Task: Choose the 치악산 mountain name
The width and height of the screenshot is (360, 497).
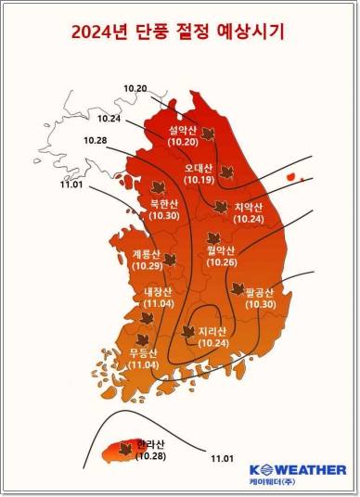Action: click(x=248, y=208)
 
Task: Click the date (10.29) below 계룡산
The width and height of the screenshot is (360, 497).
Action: click(x=147, y=266)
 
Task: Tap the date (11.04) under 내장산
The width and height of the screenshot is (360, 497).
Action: click(x=158, y=303)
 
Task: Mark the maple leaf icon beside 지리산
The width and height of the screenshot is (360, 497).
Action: click(x=187, y=331)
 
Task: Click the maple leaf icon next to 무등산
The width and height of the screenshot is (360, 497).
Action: click(x=142, y=340)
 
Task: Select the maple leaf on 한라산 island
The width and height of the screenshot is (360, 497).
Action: click(x=125, y=451)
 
